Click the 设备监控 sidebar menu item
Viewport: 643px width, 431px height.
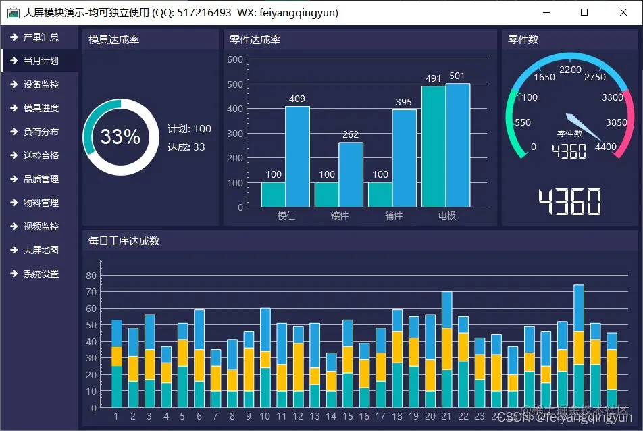pyautogui.click(x=41, y=84)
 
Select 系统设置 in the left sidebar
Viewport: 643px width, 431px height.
pyautogui.click(x=41, y=274)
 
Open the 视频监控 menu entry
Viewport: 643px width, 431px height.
pyautogui.click(x=41, y=226)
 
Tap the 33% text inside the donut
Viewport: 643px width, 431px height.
pyautogui.click(x=120, y=136)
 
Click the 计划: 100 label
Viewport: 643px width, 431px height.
pyautogui.click(x=189, y=129)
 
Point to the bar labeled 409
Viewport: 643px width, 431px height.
pyautogui.click(x=297, y=156)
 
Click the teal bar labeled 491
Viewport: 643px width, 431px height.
pyautogui.click(x=433, y=146)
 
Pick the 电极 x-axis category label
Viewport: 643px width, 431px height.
pyautogui.click(x=446, y=215)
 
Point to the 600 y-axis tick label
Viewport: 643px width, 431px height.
pyautogui.click(x=235, y=59)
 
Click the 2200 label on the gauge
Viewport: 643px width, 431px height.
pyautogui.click(x=570, y=70)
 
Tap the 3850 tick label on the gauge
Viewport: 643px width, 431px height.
pyautogui.click(x=616, y=122)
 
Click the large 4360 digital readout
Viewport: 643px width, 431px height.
pyautogui.click(x=569, y=202)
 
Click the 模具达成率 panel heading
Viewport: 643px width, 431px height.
pyautogui.click(x=113, y=40)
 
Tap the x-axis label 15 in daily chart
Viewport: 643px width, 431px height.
pyautogui.click(x=348, y=416)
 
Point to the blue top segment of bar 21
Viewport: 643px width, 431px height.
pyautogui.click(x=446, y=309)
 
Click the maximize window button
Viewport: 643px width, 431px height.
pyautogui.click(x=585, y=12)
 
